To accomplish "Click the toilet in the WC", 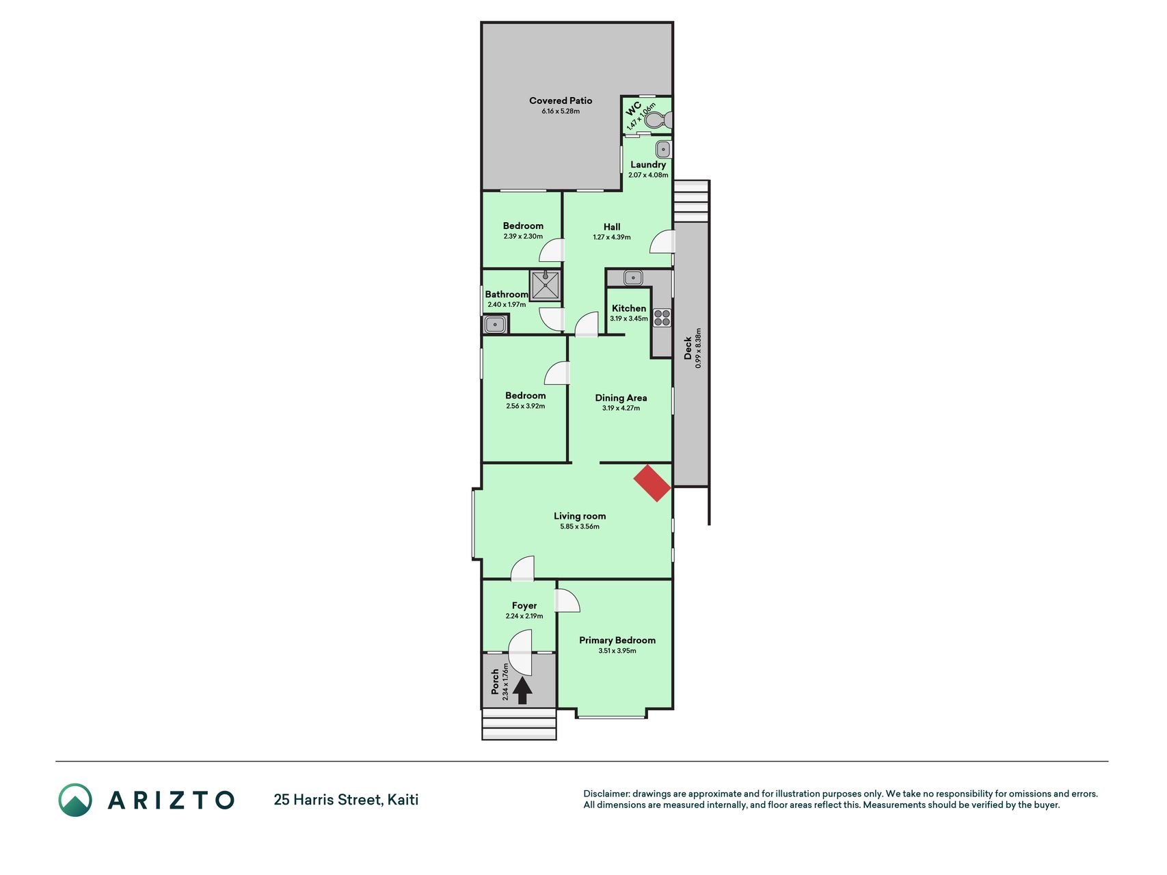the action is pyautogui.click(x=657, y=121).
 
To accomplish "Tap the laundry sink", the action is pyautogui.click(x=663, y=150).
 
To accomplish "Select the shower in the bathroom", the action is pyautogui.click(x=546, y=285).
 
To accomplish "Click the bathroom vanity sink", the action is pyautogui.click(x=494, y=324).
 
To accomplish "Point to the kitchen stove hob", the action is pyautogui.click(x=662, y=318).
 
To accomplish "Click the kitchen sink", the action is pyautogui.click(x=633, y=278).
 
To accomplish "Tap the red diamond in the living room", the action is pyautogui.click(x=652, y=483).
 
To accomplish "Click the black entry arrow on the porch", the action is pyautogui.click(x=522, y=690).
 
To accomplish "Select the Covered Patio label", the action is pyautogui.click(x=561, y=100).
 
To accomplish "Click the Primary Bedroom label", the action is pyautogui.click(x=617, y=640).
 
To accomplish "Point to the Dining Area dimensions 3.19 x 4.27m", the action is pyautogui.click(x=621, y=408).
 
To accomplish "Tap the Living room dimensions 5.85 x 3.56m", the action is pyautogui.click(x=580, y=526).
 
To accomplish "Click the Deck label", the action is pyautogui.click(x=688, y=348).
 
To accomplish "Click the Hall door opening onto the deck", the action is pyautogui.click(x=662, y=242).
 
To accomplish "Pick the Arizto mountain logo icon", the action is pyautogui.click(x=75, y=800).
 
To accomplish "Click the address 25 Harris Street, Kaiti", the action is pyautogui.click(x=346, y=799).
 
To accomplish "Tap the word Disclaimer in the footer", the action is pyautogui.click(x=606, y=794).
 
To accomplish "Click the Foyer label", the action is pyautogui.click(x=524, y=606).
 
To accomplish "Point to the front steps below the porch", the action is pyautogui.click(x=519, y=724).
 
